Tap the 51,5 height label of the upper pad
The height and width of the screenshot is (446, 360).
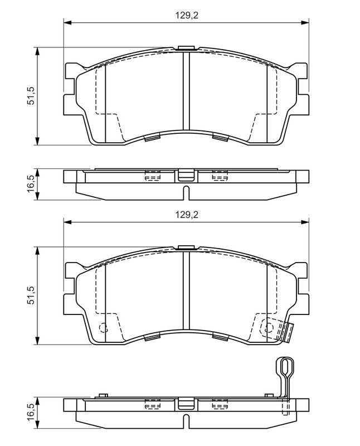[32, 95]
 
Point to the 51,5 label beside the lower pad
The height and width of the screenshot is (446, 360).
[32, 294]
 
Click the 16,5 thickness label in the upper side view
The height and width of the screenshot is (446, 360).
[32, 183]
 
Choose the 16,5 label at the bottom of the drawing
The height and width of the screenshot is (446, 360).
[32, 413]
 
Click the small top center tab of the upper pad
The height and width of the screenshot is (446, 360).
[185, 47]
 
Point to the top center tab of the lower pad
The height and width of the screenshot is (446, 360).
[185, 246]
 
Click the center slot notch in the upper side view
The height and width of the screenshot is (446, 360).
[185, 193]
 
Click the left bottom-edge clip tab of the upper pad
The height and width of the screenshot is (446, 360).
[151, 137]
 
